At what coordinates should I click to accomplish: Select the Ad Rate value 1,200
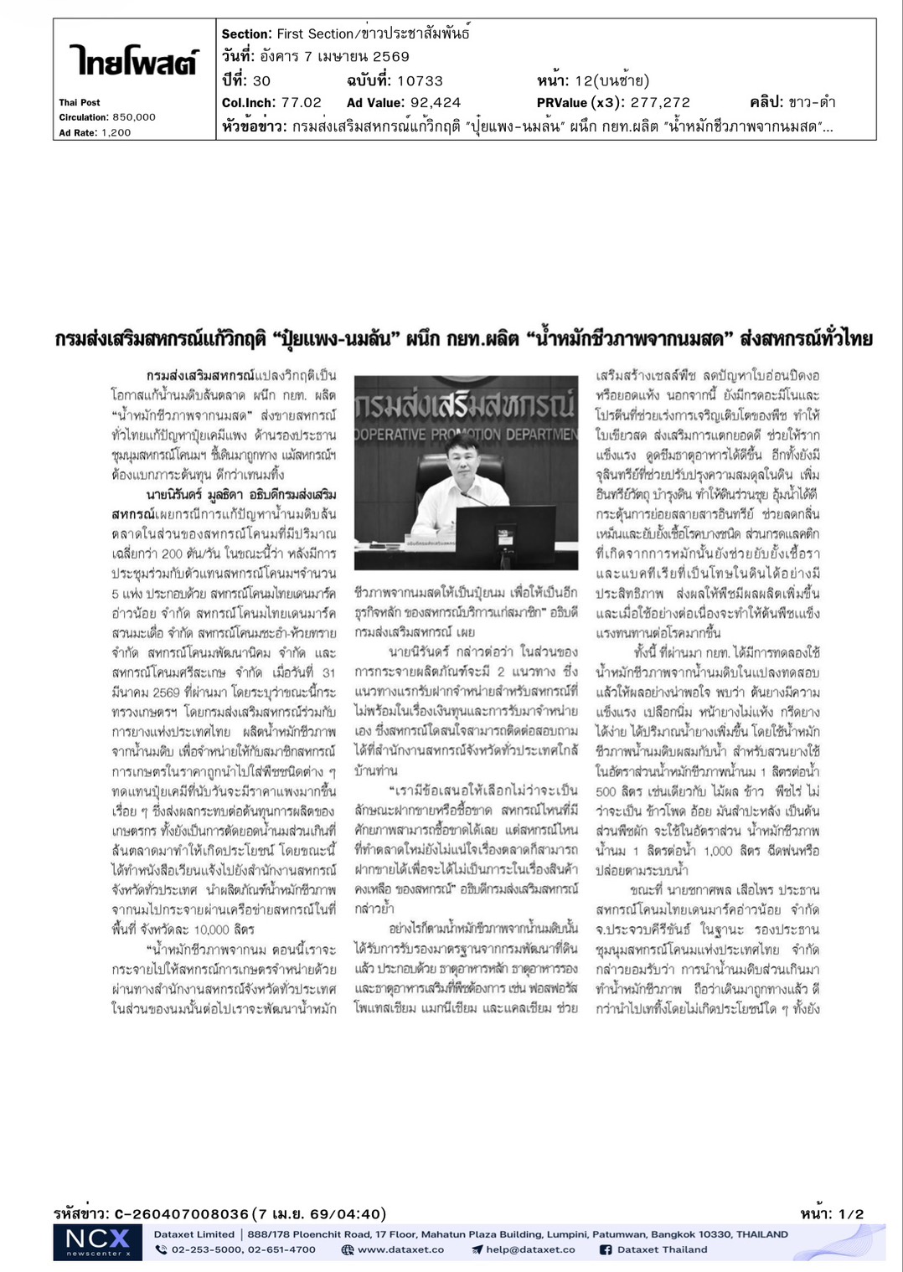click(116, 132)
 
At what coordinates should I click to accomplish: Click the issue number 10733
click(420, 81)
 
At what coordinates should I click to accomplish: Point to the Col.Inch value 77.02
click(301, 103)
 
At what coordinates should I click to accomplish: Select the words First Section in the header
click(315, 34)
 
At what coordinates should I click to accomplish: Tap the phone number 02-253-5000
click(204, 1250)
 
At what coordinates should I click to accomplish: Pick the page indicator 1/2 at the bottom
click(854, 1214)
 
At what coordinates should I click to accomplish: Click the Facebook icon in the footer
click(606, 1250)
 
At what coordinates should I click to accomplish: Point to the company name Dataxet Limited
click(193, 1234)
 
